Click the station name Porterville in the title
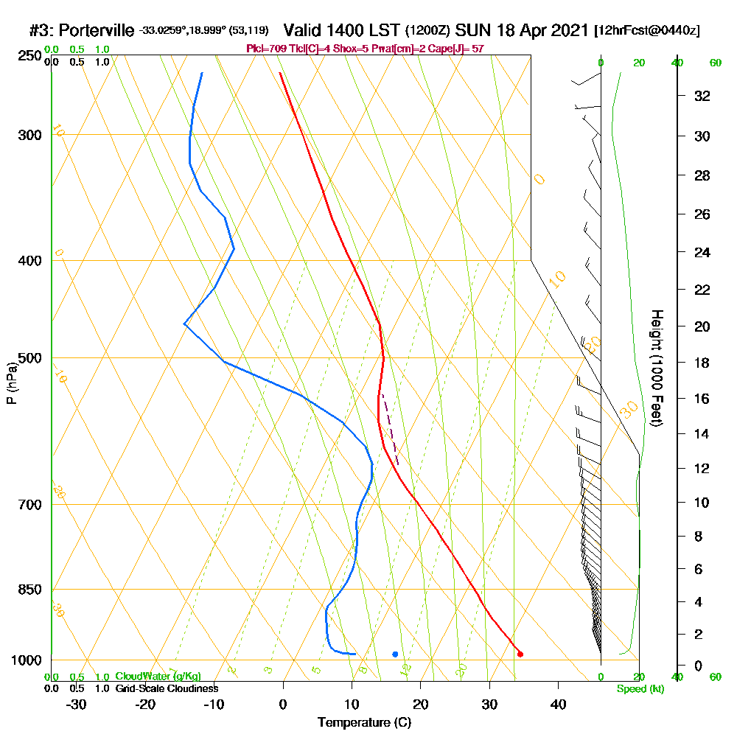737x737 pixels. (97, 30)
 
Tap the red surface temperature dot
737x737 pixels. (520, 654)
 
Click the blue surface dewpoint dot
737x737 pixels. (395, 654)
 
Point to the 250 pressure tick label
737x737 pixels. (28, 55)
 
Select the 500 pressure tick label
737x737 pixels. (28, 358)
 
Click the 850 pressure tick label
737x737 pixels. (28, 590)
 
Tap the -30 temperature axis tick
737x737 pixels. (76, 705)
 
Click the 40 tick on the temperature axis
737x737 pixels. (558, 705)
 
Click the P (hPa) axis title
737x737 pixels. (11, 383)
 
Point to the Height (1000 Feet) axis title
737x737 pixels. (657, 368)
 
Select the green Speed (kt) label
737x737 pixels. (639, 688)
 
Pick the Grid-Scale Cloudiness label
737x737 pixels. (166, 688)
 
